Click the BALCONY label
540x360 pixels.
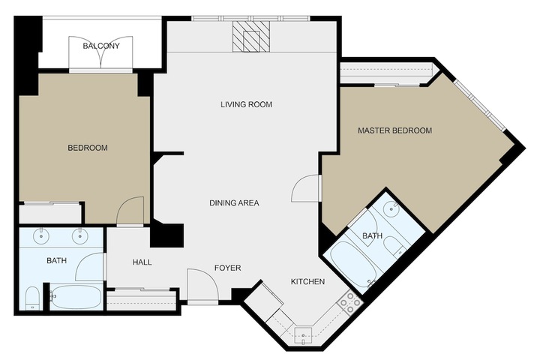tap(101, 46)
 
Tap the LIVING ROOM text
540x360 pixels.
tap(246, 104)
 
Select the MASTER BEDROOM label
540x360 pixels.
tap(394, 130)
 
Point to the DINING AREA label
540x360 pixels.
tap(234, 203)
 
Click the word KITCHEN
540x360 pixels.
tap(308, 282)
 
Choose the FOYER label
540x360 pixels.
tap(228, 268)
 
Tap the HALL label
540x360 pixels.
tap(142, 262)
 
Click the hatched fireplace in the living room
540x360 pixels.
tap(251, 37)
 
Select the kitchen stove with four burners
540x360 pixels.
tap(350, 302)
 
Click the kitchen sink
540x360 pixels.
tap(303, 336)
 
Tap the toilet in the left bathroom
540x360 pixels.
tap(32, 298)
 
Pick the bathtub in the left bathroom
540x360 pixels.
tap(76, 297)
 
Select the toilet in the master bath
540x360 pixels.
tap(394, 245)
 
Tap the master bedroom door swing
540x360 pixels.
tap(304, 188)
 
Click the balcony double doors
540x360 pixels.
tap(101, 53)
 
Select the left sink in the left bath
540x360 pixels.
tap(41, 237)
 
